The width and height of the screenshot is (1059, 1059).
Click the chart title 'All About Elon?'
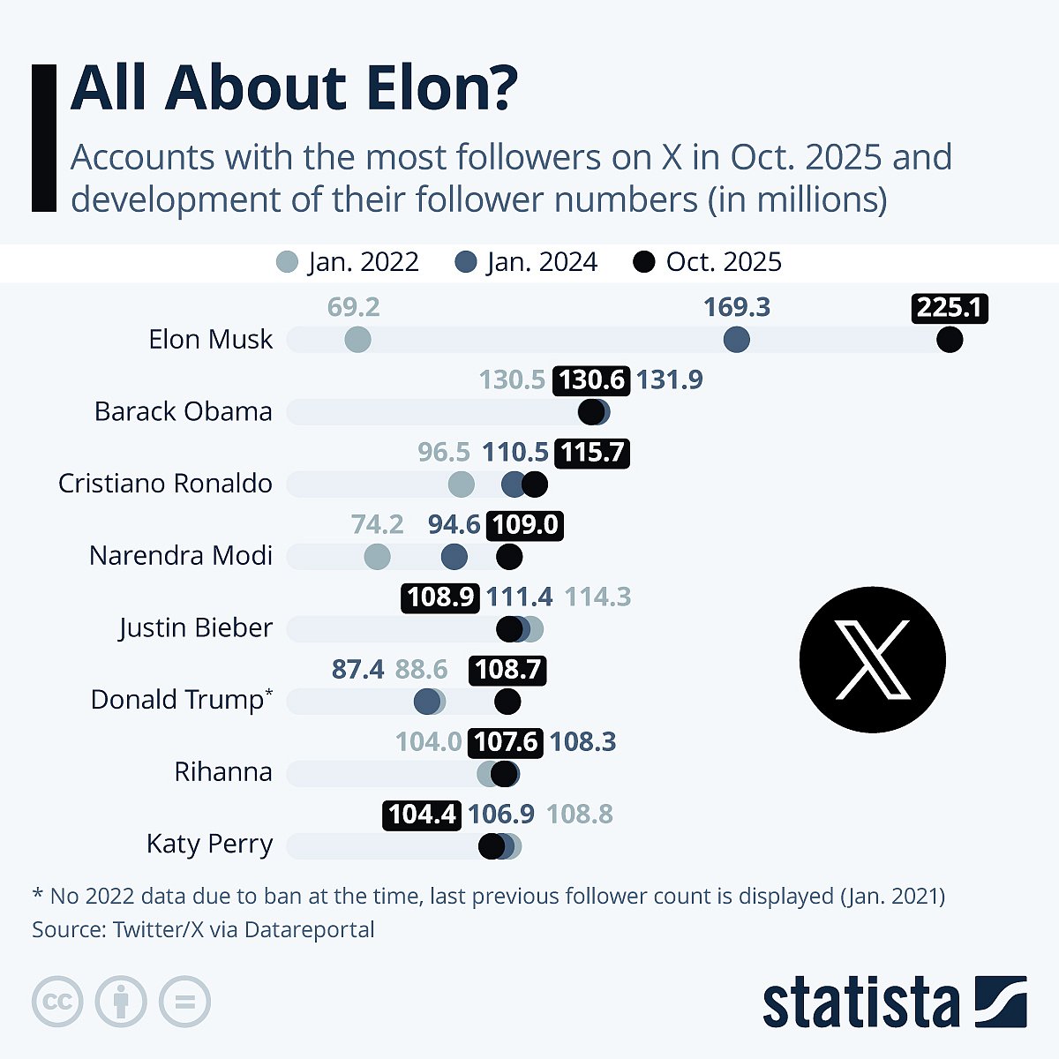coord(294,88)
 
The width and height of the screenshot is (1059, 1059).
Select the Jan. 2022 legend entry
coord(348,262)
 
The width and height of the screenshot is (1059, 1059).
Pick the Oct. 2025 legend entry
coord(707,262)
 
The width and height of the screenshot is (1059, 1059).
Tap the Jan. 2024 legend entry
coord(526,262)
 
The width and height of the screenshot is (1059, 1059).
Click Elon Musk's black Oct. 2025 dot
coord(950,340)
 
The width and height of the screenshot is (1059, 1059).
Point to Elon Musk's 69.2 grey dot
coord(357,340)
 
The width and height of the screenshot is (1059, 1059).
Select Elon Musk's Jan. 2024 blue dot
coord(736,340)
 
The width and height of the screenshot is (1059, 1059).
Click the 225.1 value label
coord(949,307)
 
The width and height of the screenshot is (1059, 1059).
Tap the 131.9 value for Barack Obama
coord(669,379)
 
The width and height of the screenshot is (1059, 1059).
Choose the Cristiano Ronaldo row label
coord(165,484)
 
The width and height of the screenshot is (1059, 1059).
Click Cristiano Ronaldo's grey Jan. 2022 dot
coord(461,484)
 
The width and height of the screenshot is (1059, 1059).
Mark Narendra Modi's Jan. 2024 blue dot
coord(454,557)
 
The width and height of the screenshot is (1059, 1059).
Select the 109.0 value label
coord(525,525)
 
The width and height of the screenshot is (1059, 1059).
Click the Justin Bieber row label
coord(195,628)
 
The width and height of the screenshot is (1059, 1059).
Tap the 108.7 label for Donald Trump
coord(507,670)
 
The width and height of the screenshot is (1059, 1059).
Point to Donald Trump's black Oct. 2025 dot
coord(507,702)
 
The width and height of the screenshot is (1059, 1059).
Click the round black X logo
coord(872,659)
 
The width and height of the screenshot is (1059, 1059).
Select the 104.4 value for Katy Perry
coord(422,814)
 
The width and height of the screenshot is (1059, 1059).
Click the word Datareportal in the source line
coord(309,929)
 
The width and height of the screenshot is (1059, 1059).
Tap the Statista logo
coord(894,1003)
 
